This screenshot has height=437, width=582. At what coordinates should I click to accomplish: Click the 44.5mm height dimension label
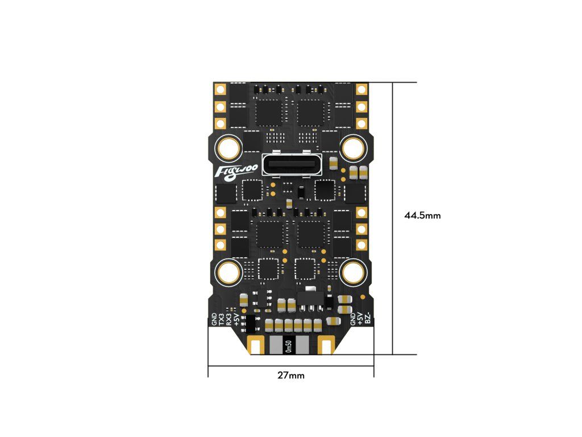coord(422,216)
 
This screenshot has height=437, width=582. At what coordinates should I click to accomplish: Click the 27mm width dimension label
coord(290,376)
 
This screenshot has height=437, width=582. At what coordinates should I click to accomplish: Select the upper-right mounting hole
coord(353,148)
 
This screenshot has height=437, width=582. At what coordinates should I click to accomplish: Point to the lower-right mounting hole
coord(353,272)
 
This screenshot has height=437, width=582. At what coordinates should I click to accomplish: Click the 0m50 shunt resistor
coord(289,345)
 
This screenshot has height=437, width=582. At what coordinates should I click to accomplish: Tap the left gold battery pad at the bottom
coord(256,345)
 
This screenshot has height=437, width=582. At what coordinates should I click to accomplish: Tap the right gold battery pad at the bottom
coord(326,345)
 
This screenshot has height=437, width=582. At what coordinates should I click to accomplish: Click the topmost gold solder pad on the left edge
coord(221,89)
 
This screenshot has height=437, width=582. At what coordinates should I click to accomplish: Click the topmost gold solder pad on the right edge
coord(361,89)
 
